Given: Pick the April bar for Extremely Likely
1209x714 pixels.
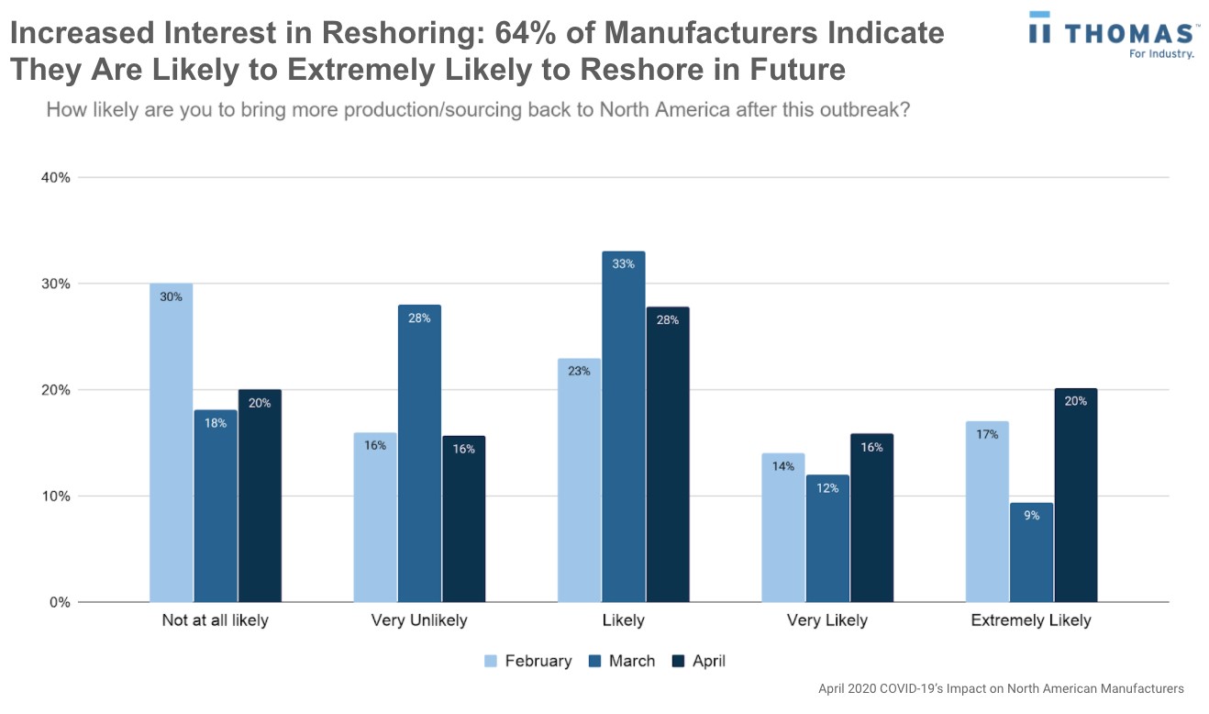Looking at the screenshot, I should pos(1075,496).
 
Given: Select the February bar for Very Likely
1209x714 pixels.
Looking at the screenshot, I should pos(782,528).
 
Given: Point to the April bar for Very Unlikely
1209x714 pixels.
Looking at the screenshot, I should pos(463,519).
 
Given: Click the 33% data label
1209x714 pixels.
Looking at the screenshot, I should pos(624,264).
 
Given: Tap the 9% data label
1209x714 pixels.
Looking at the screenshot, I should pos(1031,516).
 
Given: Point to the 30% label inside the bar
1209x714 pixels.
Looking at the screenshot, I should pos(171,296).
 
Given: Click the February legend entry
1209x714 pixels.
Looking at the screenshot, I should pos(527,661).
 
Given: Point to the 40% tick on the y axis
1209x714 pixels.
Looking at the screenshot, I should pos(54,177).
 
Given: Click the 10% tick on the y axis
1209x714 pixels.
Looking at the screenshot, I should pos(54,496).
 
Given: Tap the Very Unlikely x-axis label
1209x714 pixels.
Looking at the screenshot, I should pos(419,620).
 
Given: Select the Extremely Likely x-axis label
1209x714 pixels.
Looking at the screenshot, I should pos(1031,620).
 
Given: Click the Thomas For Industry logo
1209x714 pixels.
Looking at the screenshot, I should pos(1113,35).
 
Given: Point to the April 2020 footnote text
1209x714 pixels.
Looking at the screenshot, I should pos(1001,688).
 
